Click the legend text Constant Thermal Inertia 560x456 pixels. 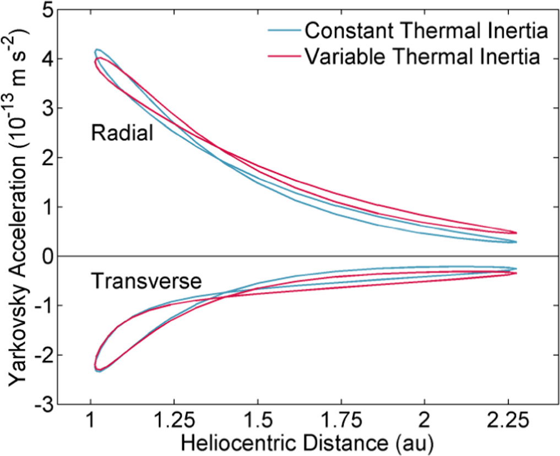pyautogui.click(x=426, y=31)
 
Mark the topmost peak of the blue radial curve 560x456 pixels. pyautogui.click(x=97, y=50)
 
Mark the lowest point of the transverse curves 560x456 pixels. pyautogui.click(x=98, y=371)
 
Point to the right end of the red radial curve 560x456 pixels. pyautogui.click(x=515, y=233)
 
